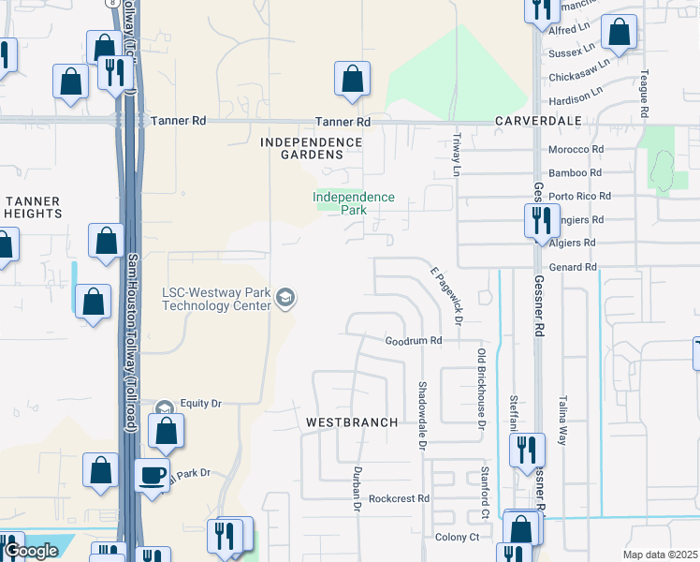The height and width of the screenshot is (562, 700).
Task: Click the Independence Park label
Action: (x=353, y=203)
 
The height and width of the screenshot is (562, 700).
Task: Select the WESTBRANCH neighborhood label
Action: (x=352, y=422)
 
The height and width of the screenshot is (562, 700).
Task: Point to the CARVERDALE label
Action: (x=538, y=122)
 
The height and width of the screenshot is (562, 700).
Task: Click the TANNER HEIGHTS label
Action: (x=34, y=207)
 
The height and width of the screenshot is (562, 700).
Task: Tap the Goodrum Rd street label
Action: (x=413, y=341)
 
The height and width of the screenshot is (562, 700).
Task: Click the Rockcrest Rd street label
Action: (x=398, y=498)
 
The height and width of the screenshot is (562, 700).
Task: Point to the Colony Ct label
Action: (x=457, y=537)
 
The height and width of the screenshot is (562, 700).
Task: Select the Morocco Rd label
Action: (x=575, y=150)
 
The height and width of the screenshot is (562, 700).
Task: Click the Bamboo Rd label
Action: (x=575, y=173)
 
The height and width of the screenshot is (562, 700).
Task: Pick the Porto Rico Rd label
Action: (x=579, y=197)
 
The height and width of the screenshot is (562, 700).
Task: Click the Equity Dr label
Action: (x=200, y=403)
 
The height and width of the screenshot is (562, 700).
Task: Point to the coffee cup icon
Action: (x=153, y=475)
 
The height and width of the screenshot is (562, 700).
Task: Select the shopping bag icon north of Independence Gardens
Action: (x=352, y=81)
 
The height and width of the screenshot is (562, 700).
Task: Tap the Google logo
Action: (x=31, y=551)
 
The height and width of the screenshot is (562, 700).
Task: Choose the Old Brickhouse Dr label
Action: (x=482, y=388)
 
